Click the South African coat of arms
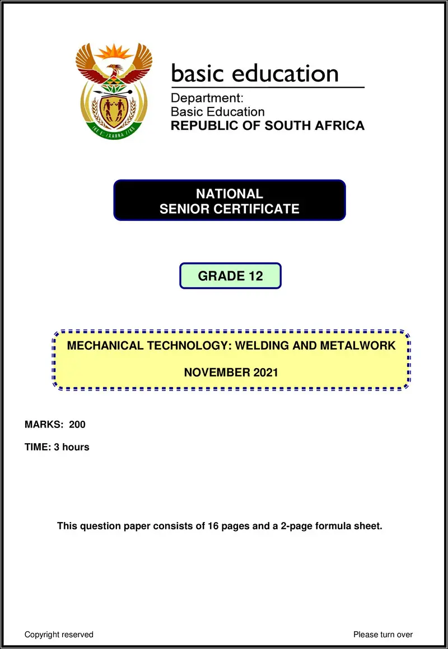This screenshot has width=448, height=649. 114,91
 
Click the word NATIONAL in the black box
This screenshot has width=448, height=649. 229,194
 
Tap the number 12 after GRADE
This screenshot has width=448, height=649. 256,276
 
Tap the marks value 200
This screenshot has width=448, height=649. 77,425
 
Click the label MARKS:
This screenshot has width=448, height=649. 44,425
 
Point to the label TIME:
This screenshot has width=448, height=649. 38,447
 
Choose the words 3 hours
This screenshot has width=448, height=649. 72,447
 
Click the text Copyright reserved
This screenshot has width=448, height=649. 59,634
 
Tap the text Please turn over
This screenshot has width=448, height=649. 383,634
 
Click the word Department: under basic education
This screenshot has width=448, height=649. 207,99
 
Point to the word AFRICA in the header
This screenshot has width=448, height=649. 338,125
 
